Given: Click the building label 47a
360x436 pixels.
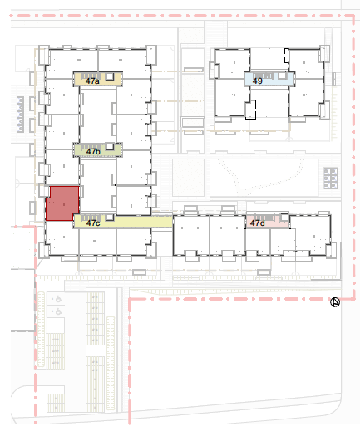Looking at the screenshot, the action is click(92, 81).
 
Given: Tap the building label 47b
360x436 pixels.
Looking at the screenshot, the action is click(93, 152).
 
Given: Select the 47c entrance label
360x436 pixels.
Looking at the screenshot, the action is click(93, 223).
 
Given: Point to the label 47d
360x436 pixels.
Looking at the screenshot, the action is click(257, 223).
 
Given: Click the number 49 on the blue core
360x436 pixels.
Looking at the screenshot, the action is click(257, 81).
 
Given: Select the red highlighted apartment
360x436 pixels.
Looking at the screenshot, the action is click(62, 203).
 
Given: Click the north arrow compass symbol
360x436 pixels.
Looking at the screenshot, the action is click(335, 302).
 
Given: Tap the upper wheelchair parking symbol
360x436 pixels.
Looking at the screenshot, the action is click(58, 299).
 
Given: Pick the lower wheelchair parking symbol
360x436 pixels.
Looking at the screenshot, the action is click(58, 311).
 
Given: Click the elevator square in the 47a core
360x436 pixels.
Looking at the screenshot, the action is click(110, 76).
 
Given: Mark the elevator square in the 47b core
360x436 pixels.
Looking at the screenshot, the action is click(110, 146).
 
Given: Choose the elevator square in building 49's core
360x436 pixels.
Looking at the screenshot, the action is click(283, 76).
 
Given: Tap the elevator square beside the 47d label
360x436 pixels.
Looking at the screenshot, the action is click(284, 217).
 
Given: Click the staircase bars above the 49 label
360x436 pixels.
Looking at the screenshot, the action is click(263, 76).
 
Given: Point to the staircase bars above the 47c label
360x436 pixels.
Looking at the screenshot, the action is click(91, 218).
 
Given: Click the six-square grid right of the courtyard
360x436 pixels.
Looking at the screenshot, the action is click(331, 178).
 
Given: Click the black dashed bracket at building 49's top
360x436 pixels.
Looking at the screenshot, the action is click(286, 56).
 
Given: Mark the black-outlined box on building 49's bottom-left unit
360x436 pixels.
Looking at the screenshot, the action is click(250, 110).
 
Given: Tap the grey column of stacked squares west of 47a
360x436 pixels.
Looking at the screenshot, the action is click(20, 115).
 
